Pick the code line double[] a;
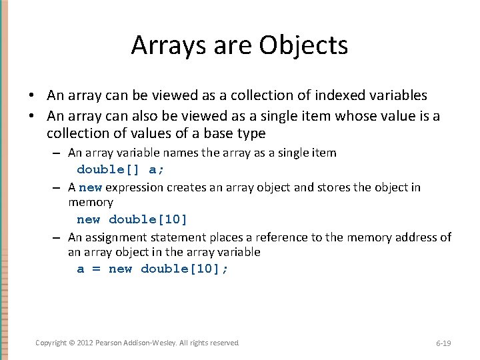click(x=120, y=169)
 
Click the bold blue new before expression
click(x=91, y=187)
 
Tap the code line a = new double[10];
click(x=153, y=269)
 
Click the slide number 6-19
click(x=443, y=343)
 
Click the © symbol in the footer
click(x=73, y=343)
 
